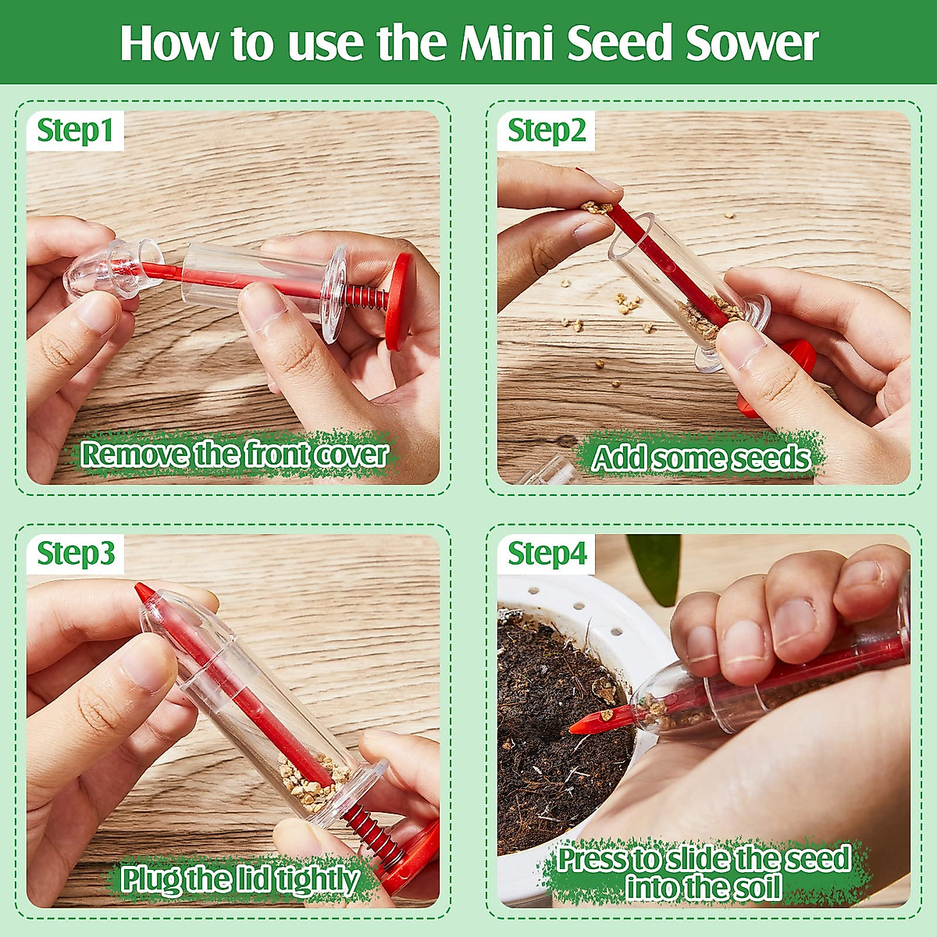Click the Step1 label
[x=75, y=130]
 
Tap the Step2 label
[x=546, y=130]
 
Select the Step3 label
[x=76, y=554]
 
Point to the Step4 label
[x=547, y=554]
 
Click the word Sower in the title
[x=752, y=43]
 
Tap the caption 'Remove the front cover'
[x=234, y=454]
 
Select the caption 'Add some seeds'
[x=700, y=458]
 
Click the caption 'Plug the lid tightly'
[x=239, y=879]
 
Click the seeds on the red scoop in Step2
[x=597, y=207]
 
